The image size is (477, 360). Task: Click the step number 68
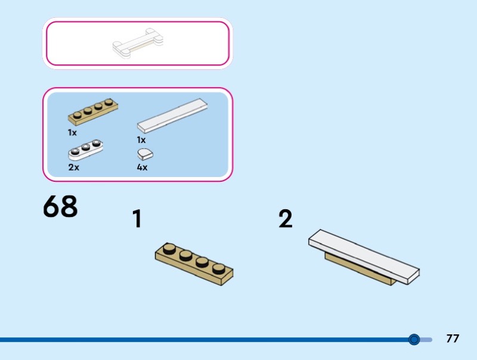pyautogui.click(x=60, y=206)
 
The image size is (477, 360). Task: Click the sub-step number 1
pyautogui.click(x=137, y=219)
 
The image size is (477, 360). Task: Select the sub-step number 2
pyautogui.click(x=286, y=219)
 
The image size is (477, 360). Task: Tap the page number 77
pyautogui.click(x=453, y=339)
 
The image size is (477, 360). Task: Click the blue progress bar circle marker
pyautogui.click(x=414, y=340)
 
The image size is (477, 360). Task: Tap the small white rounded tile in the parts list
pyautogui.click(x=145, y=154)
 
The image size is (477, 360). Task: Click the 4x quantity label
pyautogui.click(x=142, y=167)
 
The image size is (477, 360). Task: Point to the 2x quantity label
pyautogui.click(x=73, y=167)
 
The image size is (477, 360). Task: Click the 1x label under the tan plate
pyautogui.click(x=72, y=132)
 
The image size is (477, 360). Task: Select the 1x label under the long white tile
pyautogui.click(x=141, y=140)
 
